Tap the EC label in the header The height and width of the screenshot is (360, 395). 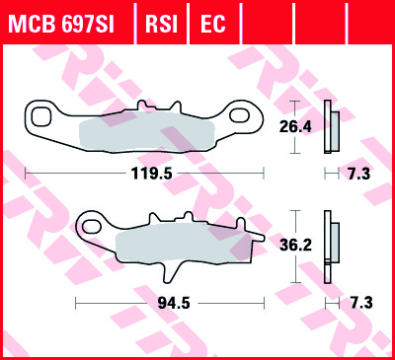[211, 22]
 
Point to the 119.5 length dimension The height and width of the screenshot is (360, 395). [144, 172]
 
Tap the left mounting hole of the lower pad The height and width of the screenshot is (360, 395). [92, 228]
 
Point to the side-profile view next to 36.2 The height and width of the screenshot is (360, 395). [333, 245]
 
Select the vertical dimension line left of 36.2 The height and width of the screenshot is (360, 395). [293, 245]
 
